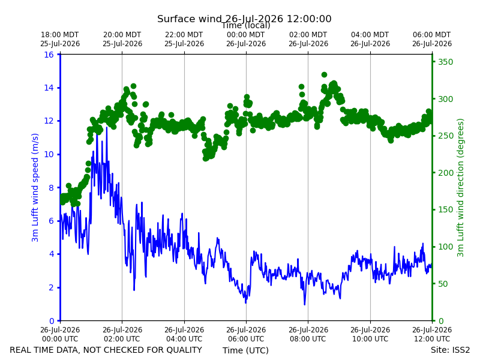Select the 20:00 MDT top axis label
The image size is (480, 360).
click(x=122, y=39)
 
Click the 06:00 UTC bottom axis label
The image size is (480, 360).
click(x=246, y=334)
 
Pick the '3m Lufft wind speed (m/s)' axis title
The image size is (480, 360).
click(x=35, y=187)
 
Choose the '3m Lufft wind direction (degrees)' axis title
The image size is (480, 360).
click(x=460, y=188)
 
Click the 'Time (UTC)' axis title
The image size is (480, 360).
click(x=245, y=350)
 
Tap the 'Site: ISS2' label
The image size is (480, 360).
click(x=450, y=350)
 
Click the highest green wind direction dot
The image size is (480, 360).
click(x=324, y=74)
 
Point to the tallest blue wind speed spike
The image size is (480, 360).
click(x=107, y=128)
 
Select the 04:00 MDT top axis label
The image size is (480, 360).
click(x=370, y=39)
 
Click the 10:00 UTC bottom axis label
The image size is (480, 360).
click(x=370, y=334)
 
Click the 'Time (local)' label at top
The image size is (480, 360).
click(x=246, y=25)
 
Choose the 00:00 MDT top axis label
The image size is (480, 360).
click(x=246, y=39)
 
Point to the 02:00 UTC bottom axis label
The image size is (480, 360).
click(x=122, y=334)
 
